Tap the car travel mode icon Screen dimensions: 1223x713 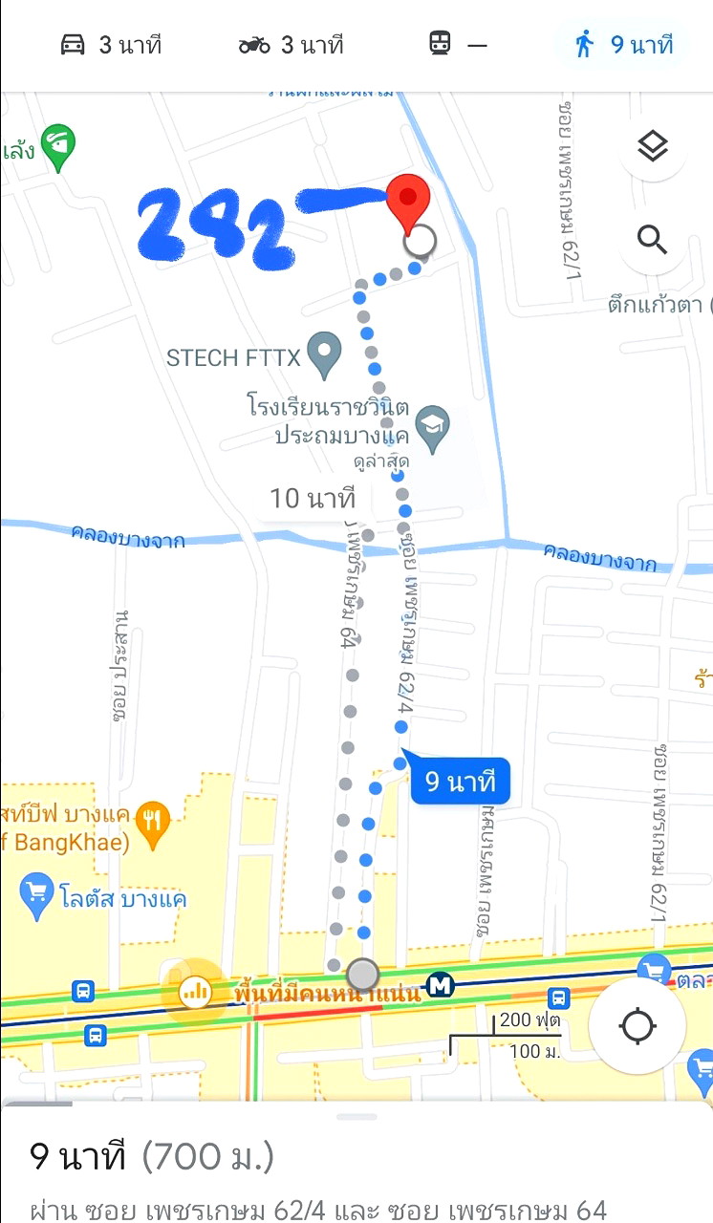[x=74, y=45]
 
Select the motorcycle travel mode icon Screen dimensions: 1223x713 [x=254, y=45]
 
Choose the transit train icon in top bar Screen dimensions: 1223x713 [x=440, y=44]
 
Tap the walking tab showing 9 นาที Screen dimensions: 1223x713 [x=623, y=45]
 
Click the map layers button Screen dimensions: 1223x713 [x=653, y=147]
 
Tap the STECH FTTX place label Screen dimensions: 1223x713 [x=234, y=358]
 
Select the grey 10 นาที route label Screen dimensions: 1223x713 [x=312, y=498]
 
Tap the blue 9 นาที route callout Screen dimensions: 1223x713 [x=460, y=783]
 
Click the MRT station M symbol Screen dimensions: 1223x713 [x=440, y=985]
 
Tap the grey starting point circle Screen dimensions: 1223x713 [x=362, y=975]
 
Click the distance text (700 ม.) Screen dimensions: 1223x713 [x=207, y=1157]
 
